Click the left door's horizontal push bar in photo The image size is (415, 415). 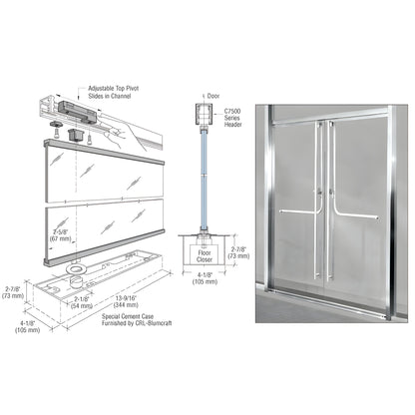(296, 212)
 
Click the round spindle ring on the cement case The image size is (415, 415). (74, 269)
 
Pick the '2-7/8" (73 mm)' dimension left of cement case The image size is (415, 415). (15, 293)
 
